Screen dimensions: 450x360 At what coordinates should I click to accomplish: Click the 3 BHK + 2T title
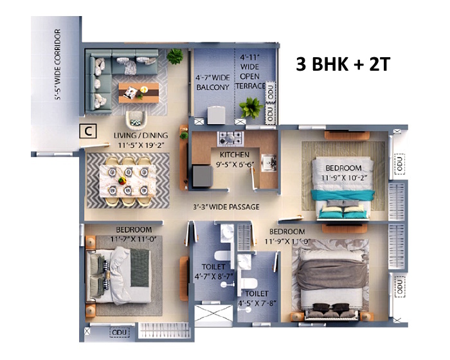click(343, 64)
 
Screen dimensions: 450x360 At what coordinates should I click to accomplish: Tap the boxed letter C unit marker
click(88, 131)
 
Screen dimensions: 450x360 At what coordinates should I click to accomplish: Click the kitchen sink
click(269, 163)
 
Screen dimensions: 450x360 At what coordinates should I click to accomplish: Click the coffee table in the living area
click(139, 93)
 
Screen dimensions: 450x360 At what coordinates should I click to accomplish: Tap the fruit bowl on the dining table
click(122, 181)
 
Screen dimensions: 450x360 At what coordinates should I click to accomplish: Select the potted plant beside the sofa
click(175, 56)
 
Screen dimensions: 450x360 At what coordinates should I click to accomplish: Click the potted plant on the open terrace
click(251, 107)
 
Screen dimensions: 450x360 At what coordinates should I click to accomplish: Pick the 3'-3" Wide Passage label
click(226, 207)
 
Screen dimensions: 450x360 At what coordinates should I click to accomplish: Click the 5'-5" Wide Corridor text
click(57, 64)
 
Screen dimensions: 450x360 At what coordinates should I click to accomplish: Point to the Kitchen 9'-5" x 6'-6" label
click(235, 159)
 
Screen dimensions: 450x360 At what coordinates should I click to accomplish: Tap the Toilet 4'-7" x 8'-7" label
click(213, 271)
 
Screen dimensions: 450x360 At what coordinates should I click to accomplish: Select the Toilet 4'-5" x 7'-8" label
click(257, 298)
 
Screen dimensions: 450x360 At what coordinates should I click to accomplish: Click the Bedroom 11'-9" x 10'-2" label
click(344, 173)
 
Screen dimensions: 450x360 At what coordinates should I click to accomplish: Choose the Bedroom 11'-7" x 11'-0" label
click(134, 234)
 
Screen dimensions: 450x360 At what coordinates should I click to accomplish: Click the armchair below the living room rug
click(136, 120)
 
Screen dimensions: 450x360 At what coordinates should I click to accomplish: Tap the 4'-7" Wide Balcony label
click(213, 82)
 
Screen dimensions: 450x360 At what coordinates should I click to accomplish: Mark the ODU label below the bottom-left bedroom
click(119, 332)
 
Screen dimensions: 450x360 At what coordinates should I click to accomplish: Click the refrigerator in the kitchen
click(203, 176)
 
